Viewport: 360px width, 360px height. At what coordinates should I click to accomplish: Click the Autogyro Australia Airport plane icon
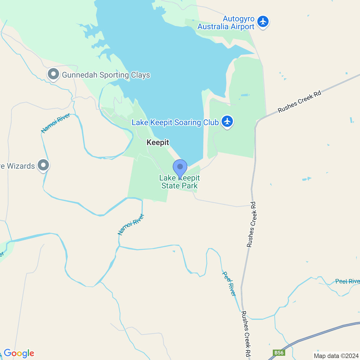tap(263, 22)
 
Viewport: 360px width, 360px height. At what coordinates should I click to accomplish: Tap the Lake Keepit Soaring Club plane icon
tap(227, 121)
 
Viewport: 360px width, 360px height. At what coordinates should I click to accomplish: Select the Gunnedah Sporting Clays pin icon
tap(53, 75)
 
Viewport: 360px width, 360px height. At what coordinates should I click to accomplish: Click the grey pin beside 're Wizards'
tap(43, 165)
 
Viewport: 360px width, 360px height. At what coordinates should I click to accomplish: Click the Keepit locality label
tap(158, 143)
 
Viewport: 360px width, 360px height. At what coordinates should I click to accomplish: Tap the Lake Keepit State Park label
tap(179, 182)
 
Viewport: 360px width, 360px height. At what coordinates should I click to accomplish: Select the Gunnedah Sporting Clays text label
tap(106, 75)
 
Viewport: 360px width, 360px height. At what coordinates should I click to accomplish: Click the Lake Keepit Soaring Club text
tap(175, 123)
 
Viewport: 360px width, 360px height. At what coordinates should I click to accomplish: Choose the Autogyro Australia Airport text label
tap(226, 23)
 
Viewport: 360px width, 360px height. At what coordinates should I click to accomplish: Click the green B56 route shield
tap(279, 353)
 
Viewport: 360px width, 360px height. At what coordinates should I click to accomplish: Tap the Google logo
tap(19, 353)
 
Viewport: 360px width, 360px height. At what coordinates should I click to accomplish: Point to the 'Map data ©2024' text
tap(336, 356)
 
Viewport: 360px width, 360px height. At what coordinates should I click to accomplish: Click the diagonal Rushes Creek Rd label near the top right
tap(299, 102)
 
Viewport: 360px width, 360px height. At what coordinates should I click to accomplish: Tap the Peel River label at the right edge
tap(348, 282)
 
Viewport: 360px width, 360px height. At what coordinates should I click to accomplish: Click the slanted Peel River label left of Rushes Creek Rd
tap(229, 283)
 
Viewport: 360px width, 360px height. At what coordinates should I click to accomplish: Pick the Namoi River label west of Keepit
tap(55, 123)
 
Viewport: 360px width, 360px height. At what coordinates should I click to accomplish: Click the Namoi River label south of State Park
tap(131, 224)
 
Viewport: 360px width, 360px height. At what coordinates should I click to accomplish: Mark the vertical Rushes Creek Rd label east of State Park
tap(251, 224)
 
